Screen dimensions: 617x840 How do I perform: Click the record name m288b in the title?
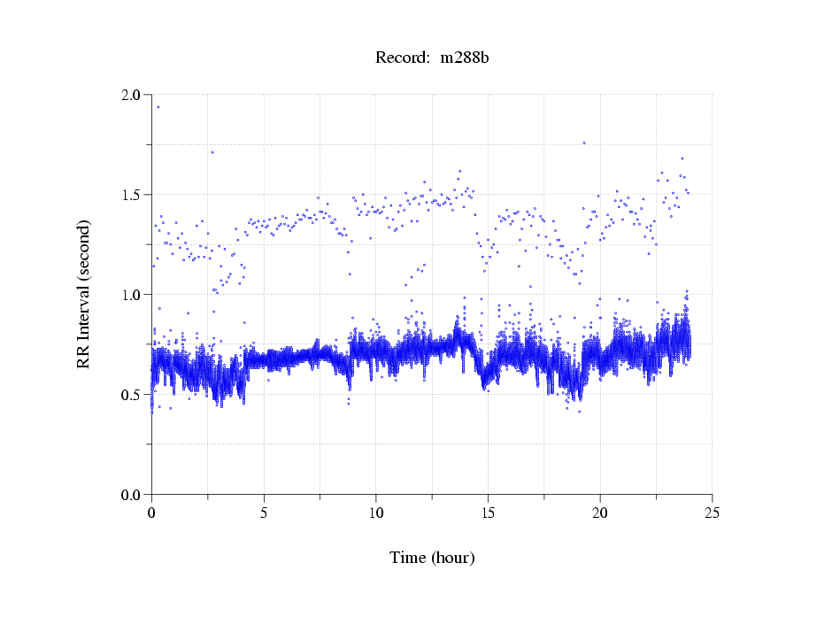465,58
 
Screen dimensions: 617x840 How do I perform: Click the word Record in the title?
399,58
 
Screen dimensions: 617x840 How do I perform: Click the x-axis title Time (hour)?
432,558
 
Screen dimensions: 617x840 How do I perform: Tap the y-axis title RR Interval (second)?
84,295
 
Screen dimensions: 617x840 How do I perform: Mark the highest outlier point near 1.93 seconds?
158,107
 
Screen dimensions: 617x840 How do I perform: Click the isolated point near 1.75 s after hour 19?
584,143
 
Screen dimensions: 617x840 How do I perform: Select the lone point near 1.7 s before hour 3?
212,152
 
